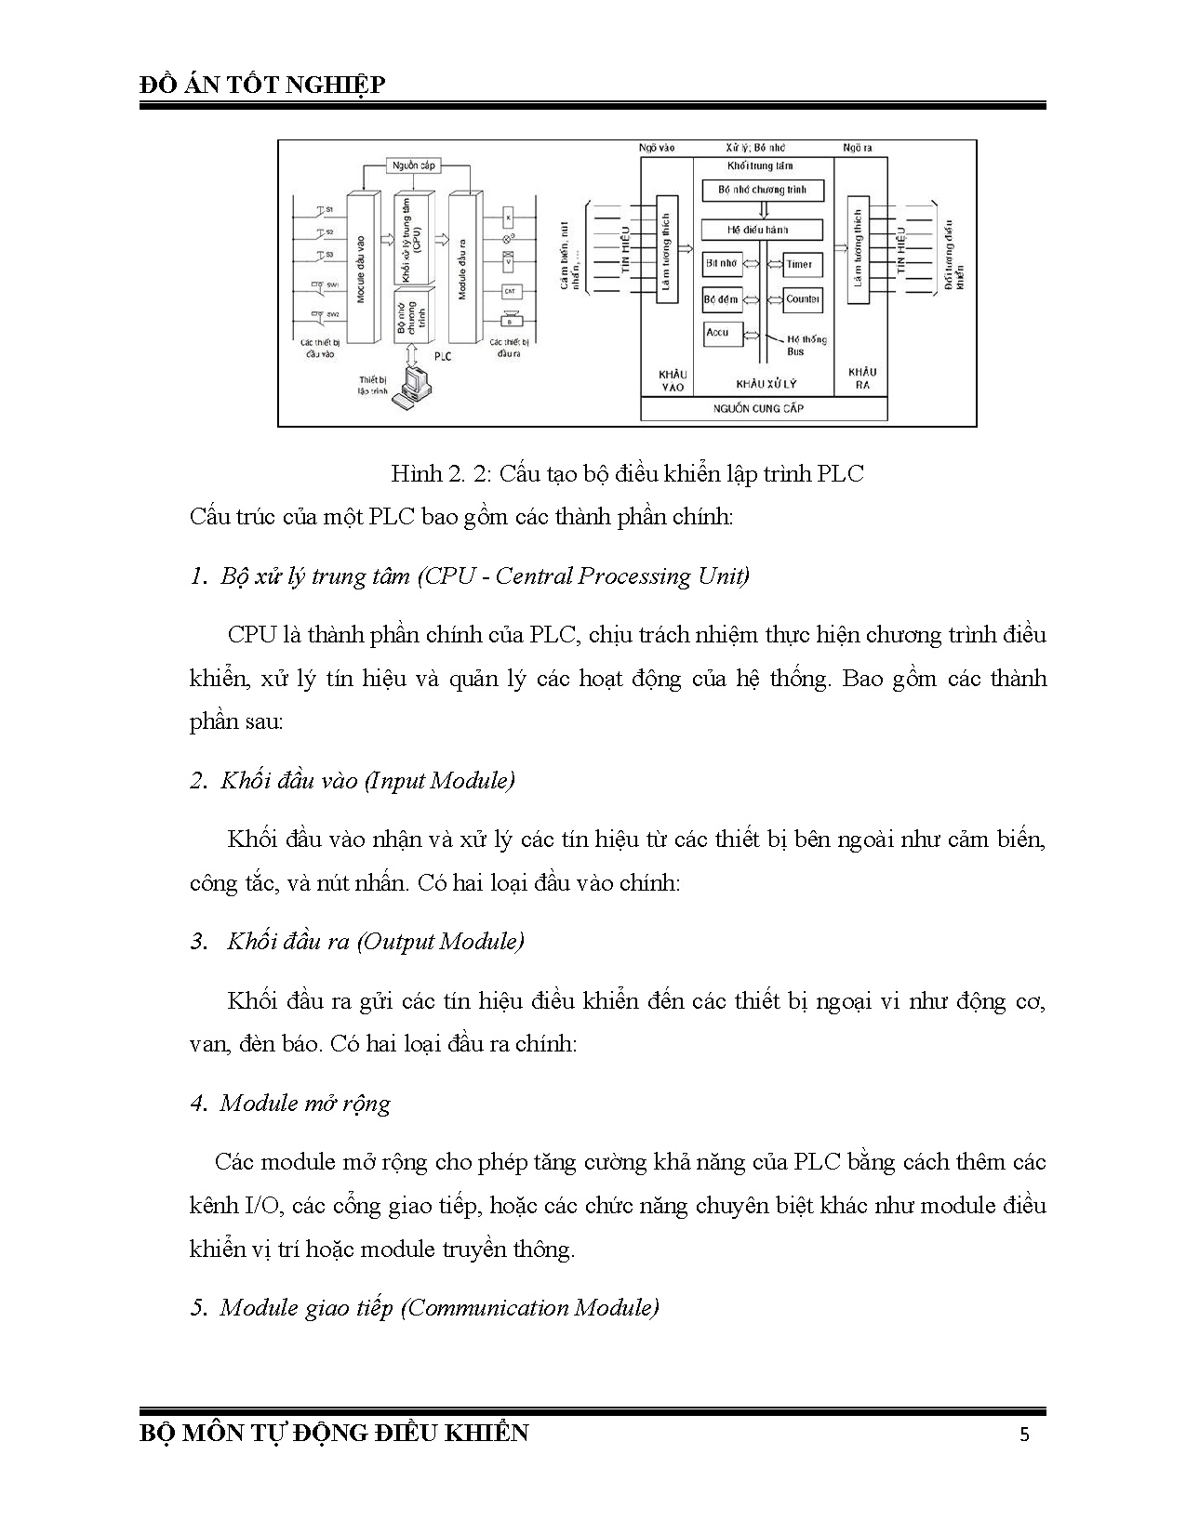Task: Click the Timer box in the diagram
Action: (x=799, y=265)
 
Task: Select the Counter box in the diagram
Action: (x=802, y=299)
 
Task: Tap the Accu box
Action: (x=719, y=333)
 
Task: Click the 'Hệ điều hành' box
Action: (x=762, y=229)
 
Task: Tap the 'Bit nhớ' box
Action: (x=722, y=264)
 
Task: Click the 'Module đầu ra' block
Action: (x=462, y=267)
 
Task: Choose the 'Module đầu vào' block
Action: (x=359, y=267)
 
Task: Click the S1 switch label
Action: (x=328, y=209)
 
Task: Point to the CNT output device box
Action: (x=510, y=291)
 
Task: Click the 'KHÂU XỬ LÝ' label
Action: (x=766, y=383)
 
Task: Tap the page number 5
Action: (x=1025, y=1434)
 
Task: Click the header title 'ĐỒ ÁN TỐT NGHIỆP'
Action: (x=261, y=85)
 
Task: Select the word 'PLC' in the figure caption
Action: (x=840, y=474)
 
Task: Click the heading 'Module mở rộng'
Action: (x=305, y=1104)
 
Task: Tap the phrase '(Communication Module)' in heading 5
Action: (x=530, y=1308)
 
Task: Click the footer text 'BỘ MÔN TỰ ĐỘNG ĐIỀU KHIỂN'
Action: (x=333, y=1433)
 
